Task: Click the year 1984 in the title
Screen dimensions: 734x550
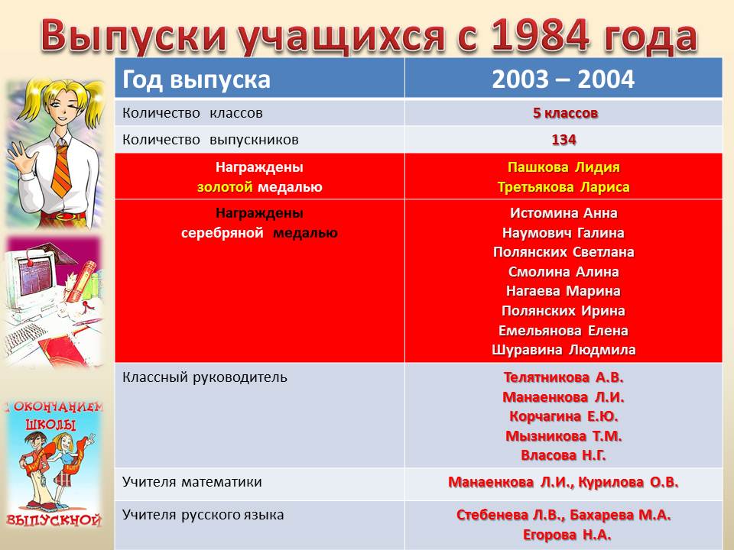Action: pos(541,36)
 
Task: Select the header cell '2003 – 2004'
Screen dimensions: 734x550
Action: pos(563,79)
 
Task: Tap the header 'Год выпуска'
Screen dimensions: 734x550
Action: pos(196,79)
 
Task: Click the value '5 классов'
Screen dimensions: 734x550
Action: pos(565,113)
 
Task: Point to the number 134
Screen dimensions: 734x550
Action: pos(563,140)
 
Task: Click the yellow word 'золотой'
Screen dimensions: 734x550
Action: pos(225,187)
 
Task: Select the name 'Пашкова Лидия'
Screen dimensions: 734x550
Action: pos(563,167)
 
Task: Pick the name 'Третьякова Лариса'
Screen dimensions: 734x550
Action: pos(563,187)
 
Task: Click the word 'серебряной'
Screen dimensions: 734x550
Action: pos(222,233)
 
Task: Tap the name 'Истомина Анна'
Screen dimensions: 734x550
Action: pos(563,213)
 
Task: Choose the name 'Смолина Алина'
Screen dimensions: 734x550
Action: pos(563,272)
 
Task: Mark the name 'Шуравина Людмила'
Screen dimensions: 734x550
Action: pos(563,350)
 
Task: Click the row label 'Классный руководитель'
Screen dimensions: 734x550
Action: pos(205,377)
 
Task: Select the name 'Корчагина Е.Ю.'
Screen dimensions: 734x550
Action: pos(563,416)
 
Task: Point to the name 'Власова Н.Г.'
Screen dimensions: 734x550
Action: pos(563,455)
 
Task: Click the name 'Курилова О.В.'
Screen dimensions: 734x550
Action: pos(628,482)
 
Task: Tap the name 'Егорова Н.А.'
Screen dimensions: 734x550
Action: pos(567,534)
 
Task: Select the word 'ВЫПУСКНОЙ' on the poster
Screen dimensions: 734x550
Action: pos(54,520)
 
